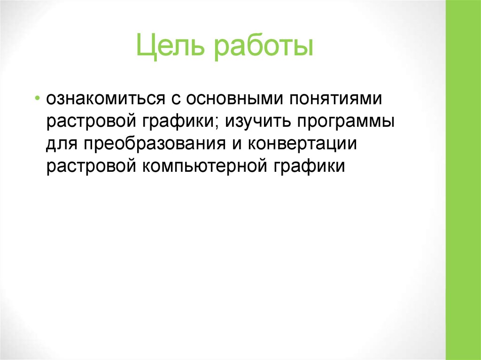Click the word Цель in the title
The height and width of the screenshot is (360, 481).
pyautogui.click(x=171, y=48)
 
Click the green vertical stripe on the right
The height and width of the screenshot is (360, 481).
pyautogui.click(x=463, y=180)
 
